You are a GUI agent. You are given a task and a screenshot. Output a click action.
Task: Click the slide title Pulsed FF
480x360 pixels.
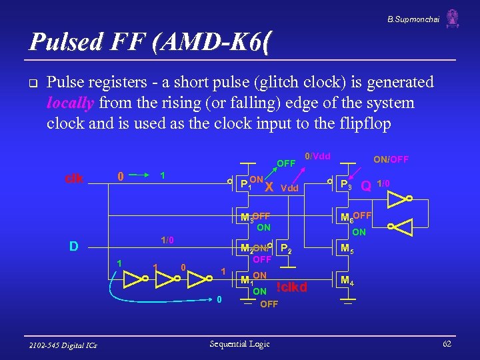pyautogui.click(x=151, y=42)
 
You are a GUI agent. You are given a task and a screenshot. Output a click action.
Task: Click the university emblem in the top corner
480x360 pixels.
pyautogui.click(x=453, y=18)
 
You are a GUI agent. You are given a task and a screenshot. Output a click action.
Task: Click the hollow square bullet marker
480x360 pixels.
pyautogui.click(x=32, y=83)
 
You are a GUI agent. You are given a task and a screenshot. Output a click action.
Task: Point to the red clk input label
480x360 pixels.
pyautogui.click(x=73, y=178)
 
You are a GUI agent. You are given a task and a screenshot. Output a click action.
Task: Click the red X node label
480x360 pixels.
pyautogui.click(x=268, y=187)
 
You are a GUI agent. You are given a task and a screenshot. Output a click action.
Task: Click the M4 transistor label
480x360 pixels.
pyautogui.click(x=347, y=281)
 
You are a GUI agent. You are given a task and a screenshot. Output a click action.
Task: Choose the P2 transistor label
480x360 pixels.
pyautogui.click(x=285, y=249)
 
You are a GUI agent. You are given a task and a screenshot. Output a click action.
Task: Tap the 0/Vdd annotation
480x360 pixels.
pyautogui.click(x=317, y=157)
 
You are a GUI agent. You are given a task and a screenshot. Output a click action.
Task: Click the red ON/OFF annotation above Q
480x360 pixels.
pyautogui.click(x=391, y=159)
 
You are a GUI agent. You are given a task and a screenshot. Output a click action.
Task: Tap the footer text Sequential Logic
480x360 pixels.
pyautogui.click(x=239, y=344)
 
